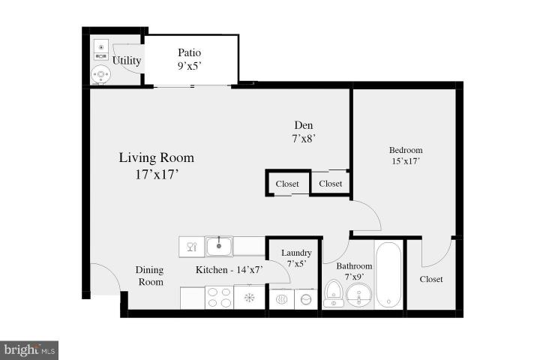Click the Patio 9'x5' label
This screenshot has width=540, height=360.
[189, 59]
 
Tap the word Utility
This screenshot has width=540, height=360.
[127, 60]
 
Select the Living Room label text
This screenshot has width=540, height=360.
[156, 166]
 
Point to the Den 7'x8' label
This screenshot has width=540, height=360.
[303, 132]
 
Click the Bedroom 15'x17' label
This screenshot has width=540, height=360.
[406, 155]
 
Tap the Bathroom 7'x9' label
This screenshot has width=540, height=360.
[353, 271]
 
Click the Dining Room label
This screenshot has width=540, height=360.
[149, 276]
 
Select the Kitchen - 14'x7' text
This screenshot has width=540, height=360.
[229, 270]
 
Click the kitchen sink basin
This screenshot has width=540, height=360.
[219, 245]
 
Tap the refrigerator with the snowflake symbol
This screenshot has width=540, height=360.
[250, 298]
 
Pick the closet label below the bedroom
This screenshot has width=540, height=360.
[430, 279]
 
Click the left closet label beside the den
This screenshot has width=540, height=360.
[287, 184]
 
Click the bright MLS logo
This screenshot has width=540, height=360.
[30, 349]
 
